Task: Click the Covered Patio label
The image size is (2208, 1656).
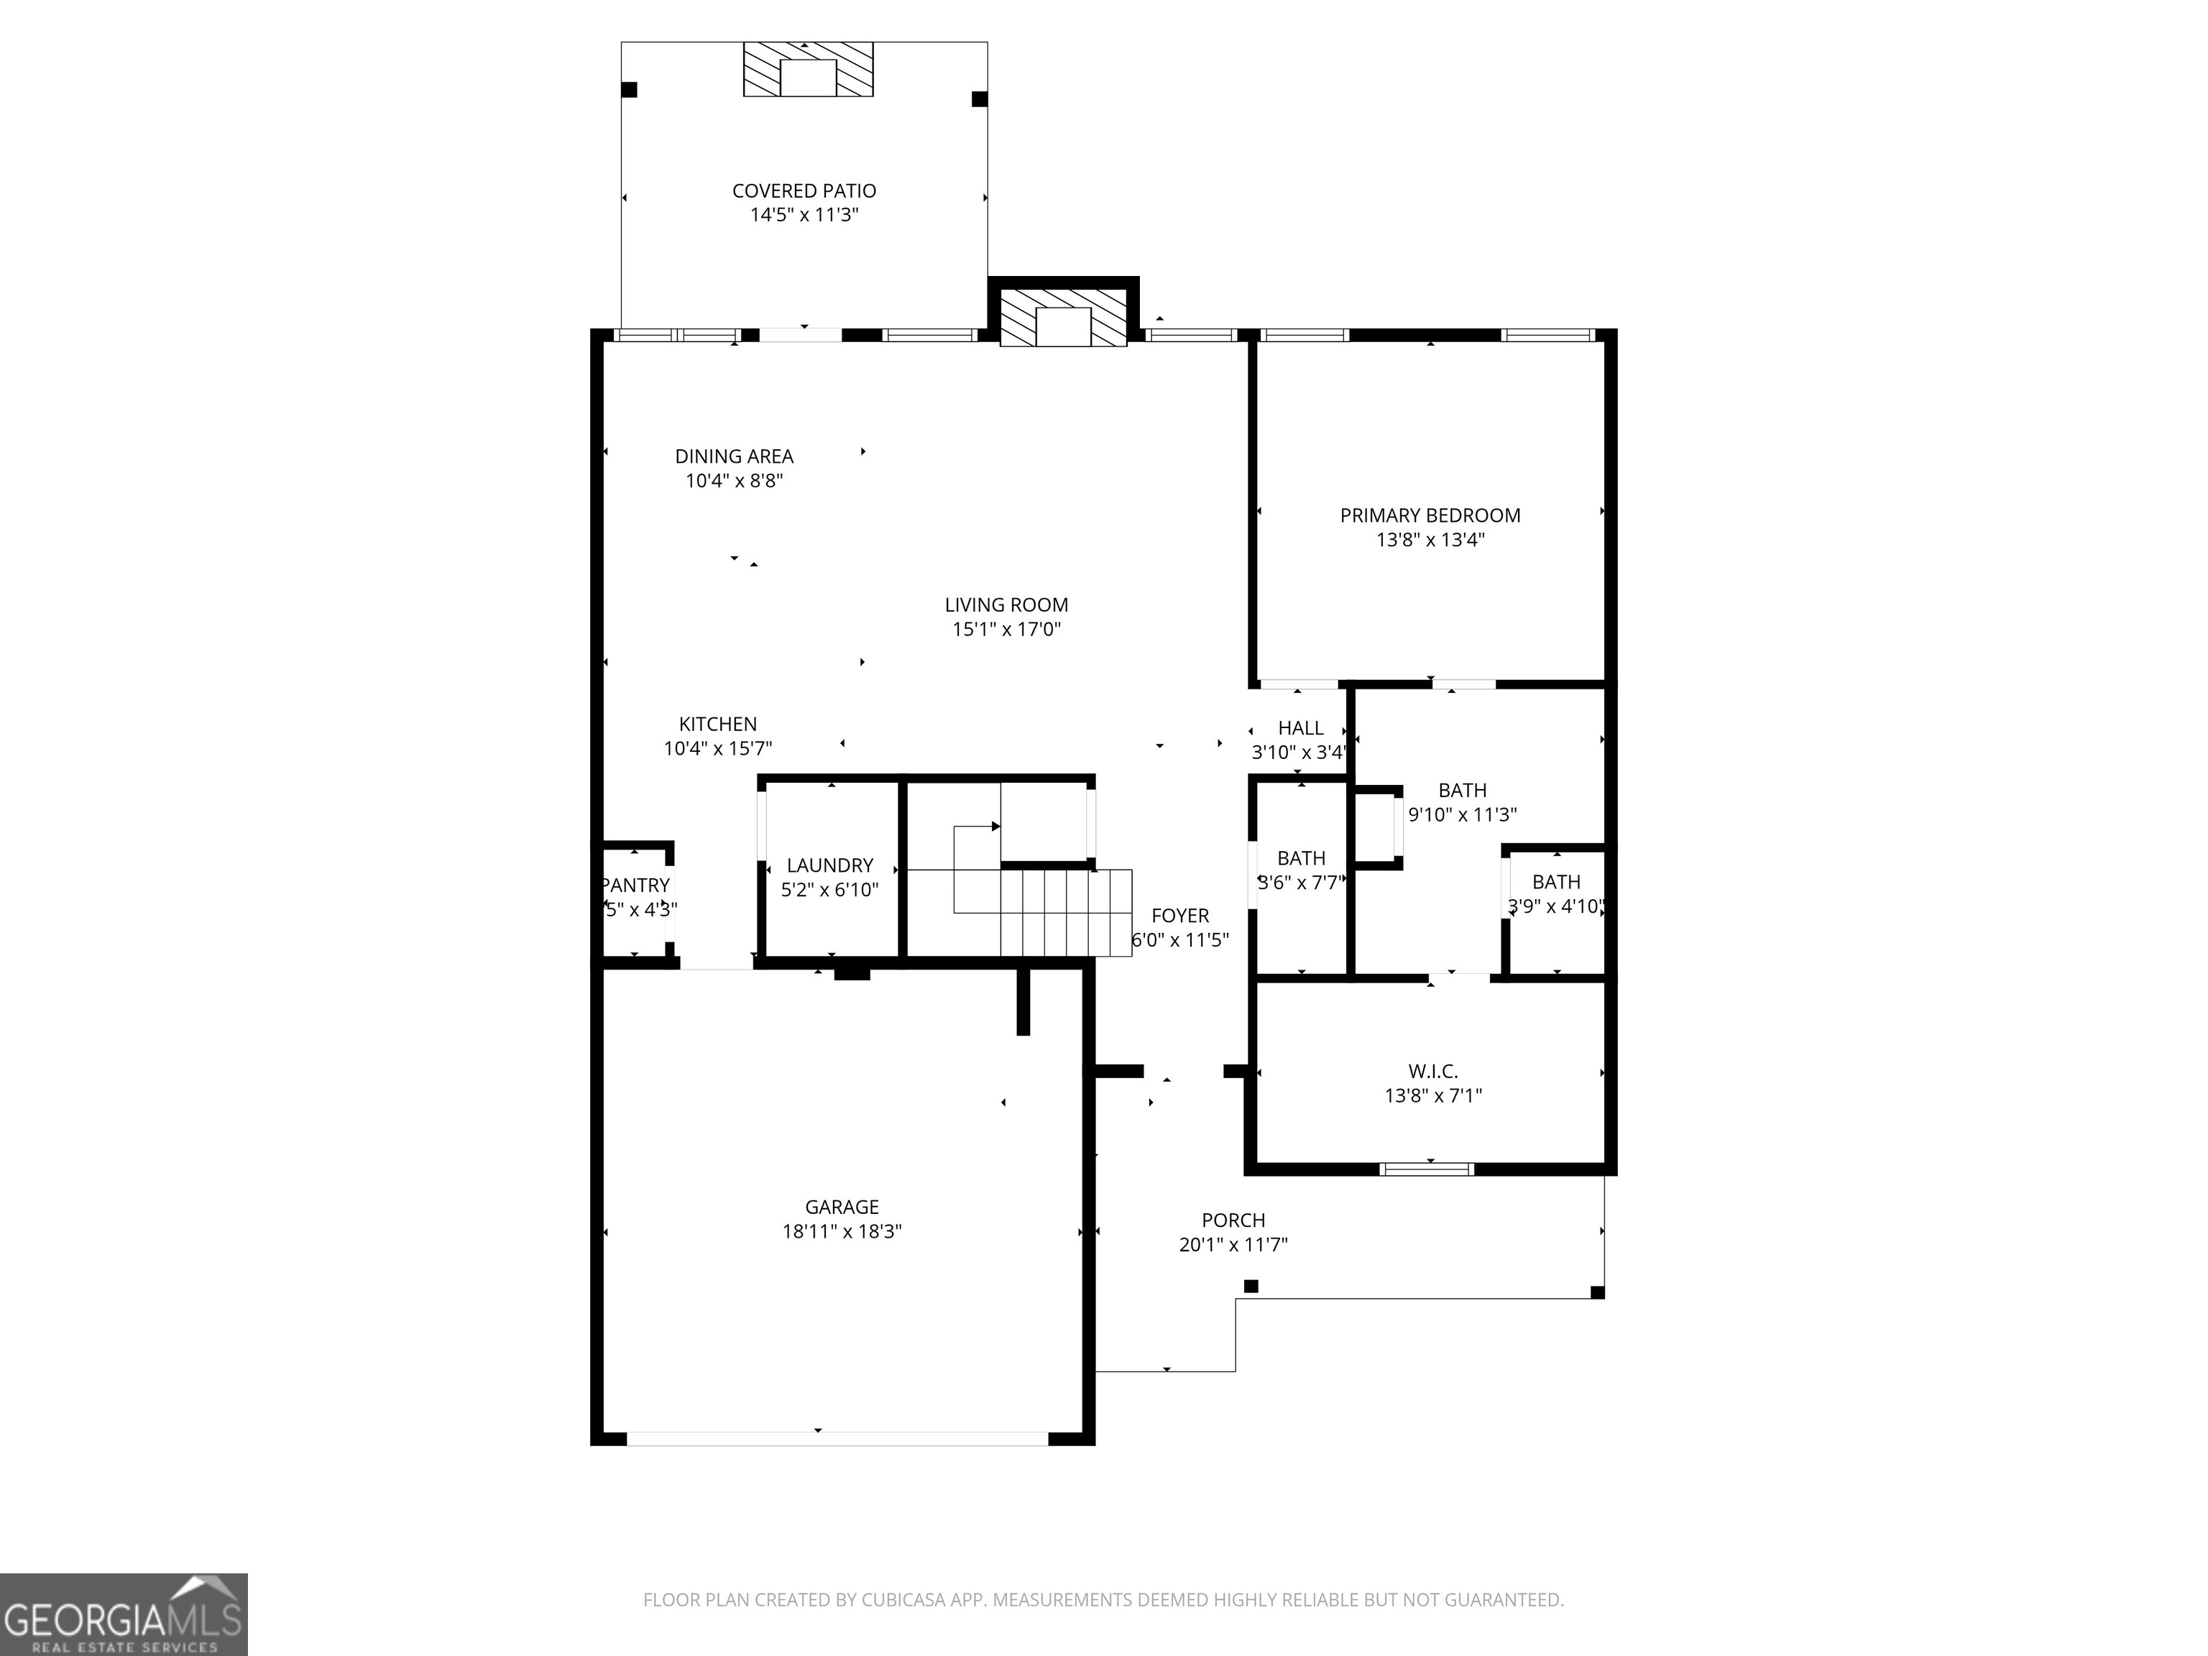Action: pos(804,190)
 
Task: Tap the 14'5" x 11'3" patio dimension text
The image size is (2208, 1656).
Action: pos(804,216)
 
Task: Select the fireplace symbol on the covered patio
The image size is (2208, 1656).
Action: pos(808,70)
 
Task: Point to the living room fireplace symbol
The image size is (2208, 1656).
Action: pos(1063,319)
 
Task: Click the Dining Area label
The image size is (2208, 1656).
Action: pos(734,456)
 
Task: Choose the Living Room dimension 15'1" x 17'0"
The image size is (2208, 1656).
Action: pos(1006,630)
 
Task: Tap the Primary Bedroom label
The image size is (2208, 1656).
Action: pos(1430,515)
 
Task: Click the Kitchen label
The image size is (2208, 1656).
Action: pos(718,724)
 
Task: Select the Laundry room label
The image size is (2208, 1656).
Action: pos(829,865)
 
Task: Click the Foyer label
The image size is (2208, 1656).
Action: pos(1180,916)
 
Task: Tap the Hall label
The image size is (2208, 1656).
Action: pos(1301,727)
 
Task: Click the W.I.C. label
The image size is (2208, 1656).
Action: pos(1432,1071)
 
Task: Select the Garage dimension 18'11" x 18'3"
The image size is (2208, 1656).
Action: pos(842,1232)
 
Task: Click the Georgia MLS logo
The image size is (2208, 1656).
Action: pos(123,1614)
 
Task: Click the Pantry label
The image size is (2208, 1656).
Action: pos(636,885)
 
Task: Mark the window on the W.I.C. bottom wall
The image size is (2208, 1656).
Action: pos(1427,1169)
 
